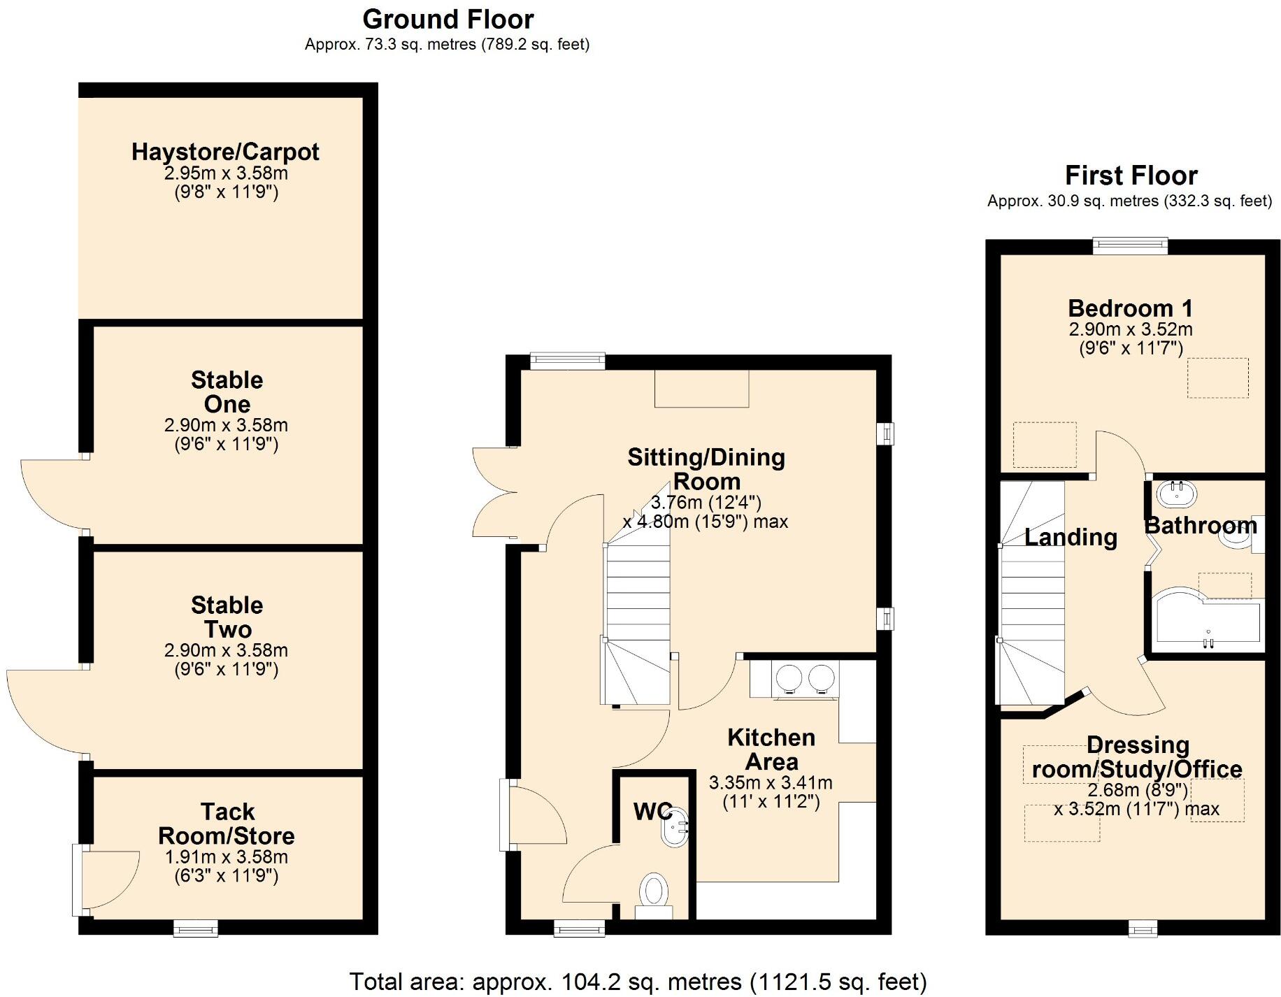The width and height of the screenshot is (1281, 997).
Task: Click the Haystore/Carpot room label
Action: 225,152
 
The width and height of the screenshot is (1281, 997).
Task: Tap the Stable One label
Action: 227,392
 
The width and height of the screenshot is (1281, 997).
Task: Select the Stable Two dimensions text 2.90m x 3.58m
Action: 226,650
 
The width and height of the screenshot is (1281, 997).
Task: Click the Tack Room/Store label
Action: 227,824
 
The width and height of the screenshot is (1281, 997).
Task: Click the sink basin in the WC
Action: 675,828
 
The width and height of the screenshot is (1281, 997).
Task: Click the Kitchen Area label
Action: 771,749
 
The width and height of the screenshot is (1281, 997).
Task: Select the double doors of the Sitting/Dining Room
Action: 494,493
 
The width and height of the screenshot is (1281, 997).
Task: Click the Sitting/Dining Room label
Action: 706,469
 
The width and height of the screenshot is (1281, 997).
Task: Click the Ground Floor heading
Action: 448,19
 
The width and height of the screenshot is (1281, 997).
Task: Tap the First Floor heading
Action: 1131,175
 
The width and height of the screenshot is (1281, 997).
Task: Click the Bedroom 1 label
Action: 1130,308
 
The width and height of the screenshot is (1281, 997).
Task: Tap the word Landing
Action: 1071,537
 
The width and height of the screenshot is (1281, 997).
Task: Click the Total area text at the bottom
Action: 637,982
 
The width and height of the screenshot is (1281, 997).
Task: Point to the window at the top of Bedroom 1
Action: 1130,245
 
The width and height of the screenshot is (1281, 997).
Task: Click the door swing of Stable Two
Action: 45,713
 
